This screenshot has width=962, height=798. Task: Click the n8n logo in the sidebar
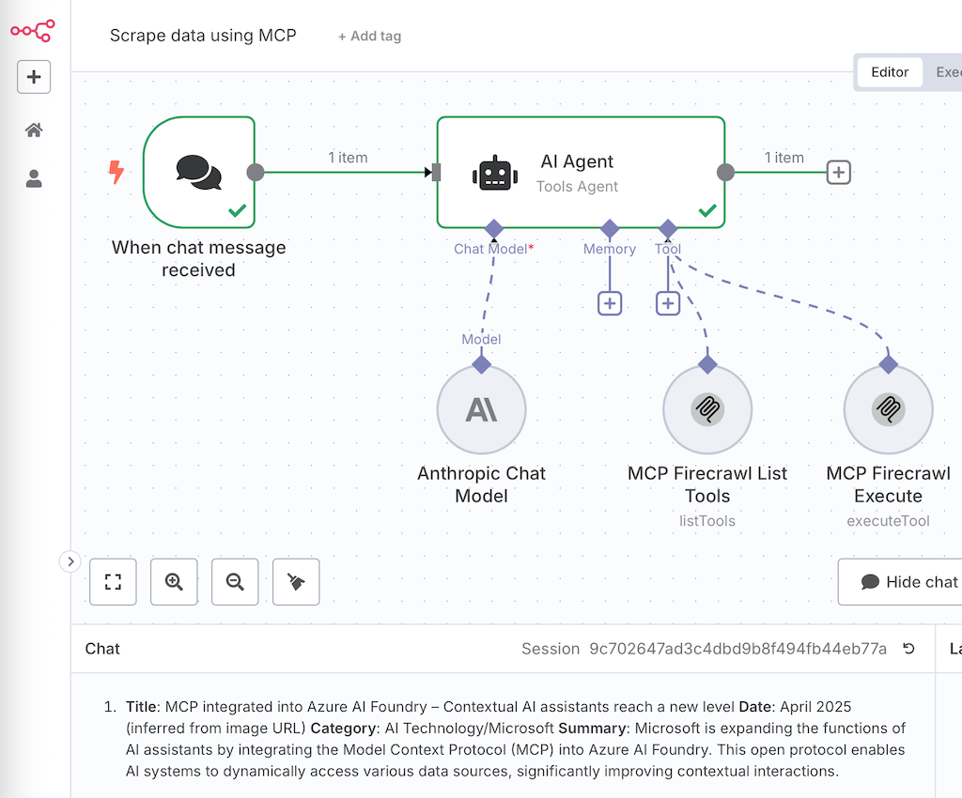coord(33,31)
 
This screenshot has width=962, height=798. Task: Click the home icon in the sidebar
coord(34,130)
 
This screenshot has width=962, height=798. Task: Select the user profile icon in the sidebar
coord(34,178)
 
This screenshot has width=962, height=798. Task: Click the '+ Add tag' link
coord(369,36)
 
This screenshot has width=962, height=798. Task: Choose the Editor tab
coord(889,72)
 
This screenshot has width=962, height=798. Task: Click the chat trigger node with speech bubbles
coord(199,172)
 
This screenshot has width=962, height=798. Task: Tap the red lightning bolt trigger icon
coord(116,172)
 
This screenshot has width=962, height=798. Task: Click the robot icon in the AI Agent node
coord(496,173)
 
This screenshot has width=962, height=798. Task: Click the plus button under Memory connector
coord(610,303)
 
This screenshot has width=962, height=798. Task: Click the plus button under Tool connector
coord(668,303)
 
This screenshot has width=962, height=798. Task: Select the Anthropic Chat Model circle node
coord(482,409)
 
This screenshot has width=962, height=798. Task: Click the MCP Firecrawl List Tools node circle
coord(707,409)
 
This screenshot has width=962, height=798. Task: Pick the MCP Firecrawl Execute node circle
coord(888,409)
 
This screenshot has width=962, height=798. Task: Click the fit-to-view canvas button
coord(113,582)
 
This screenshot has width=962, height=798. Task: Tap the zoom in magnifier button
coord(174,582)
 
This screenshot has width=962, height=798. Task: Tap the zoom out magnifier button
coord(235,582)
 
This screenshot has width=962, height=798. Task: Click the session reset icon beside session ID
coord(908,649)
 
